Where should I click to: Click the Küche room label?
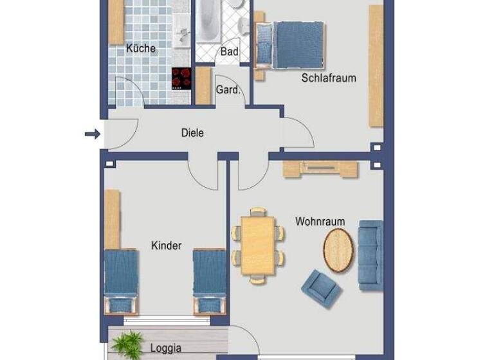(x=140, y=48)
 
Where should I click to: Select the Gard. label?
(x=227, y=91)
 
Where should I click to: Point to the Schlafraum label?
(x=329, y=78)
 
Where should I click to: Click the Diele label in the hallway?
(x=192, y=134)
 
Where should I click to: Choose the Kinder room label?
(x=166, y=246)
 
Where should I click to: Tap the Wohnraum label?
(x=320, y=222)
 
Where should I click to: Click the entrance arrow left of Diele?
(x=93, y=134)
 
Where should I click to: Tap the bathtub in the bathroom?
(x=208, y=21)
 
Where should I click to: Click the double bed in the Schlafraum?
(x=293, y=44)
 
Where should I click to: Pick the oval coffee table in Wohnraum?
(x=338, y=251)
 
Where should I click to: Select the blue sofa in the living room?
(x=370, y=255)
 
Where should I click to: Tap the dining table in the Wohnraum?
(x=259, y=246)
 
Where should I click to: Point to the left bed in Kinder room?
(x=122, y=278)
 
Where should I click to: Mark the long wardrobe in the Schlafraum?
(x=376, y=66)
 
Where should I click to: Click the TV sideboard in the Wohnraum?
(x=320, y=168)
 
